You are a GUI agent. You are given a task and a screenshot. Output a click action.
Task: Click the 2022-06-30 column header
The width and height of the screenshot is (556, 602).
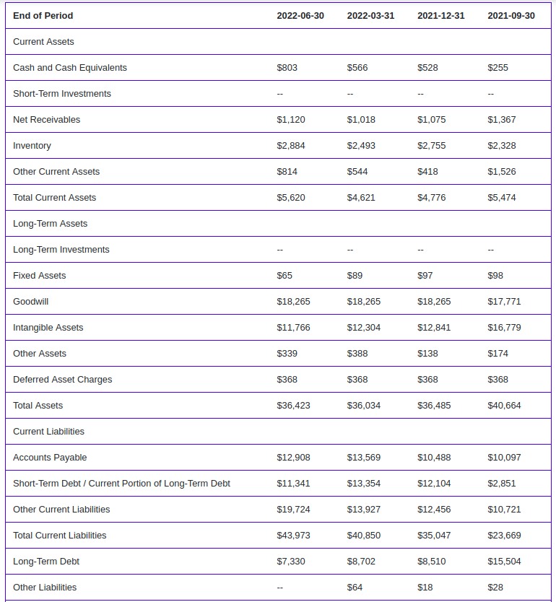300,16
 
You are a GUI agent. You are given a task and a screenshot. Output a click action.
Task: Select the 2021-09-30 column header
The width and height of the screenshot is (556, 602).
511,16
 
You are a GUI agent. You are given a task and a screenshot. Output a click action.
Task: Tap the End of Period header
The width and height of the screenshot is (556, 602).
43,16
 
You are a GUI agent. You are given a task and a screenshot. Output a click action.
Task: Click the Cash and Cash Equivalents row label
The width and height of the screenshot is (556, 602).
70,68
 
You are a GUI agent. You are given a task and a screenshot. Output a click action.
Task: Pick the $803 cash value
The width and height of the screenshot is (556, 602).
287,68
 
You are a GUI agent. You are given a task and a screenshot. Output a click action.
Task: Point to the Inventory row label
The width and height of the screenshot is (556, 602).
32,146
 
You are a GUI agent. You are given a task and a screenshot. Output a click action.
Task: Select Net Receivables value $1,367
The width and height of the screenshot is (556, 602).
501,120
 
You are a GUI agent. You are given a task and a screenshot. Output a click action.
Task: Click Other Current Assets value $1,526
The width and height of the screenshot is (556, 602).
501,172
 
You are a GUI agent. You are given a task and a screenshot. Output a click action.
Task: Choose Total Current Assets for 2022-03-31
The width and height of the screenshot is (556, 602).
361,198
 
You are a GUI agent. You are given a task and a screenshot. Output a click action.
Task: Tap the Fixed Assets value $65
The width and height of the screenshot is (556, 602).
284,276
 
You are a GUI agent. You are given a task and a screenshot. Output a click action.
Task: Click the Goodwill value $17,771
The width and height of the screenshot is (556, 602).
504,302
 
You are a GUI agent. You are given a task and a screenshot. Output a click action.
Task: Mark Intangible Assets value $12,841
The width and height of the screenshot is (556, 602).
434,328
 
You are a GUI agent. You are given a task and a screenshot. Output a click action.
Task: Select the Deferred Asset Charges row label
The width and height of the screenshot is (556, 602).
63,380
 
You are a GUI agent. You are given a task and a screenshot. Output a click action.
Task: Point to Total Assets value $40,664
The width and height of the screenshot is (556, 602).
504,406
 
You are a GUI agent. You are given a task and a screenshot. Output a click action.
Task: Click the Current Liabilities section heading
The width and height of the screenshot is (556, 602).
49,432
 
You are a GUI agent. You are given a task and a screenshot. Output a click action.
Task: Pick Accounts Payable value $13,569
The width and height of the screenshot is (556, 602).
364,458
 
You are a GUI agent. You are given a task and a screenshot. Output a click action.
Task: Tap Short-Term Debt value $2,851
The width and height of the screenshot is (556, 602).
501,484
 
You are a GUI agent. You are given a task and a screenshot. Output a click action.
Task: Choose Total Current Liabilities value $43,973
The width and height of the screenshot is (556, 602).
293,536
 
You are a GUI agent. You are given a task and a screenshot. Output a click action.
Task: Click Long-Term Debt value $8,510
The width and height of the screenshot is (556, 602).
432,562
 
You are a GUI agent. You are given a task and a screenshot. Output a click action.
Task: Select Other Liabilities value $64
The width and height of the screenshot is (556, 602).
355,588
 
